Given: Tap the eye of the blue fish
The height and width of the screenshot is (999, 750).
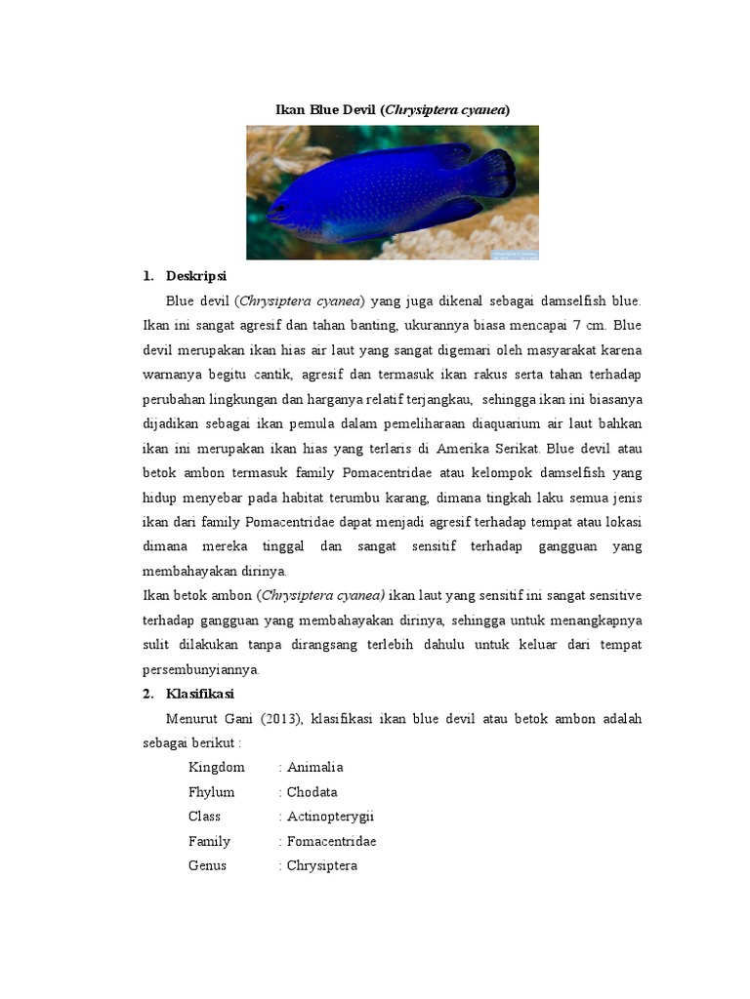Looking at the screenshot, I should click(x=281, y=208).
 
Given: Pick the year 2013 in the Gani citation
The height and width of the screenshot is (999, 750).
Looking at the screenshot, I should click(x=279, y=719).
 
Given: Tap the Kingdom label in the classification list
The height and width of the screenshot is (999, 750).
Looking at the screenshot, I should click(x=217, y=768).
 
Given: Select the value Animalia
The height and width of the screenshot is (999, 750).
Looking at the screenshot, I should click(x=314, y=768).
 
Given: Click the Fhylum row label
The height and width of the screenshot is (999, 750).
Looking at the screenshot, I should click(x=212, y=792).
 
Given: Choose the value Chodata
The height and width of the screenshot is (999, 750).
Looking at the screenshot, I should click(x=312, y=792).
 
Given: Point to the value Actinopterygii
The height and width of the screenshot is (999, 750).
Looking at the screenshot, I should click(x=330, y=817).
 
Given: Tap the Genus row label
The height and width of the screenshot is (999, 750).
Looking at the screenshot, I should click(x=207, y=865).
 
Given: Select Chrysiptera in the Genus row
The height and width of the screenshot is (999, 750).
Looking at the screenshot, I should click(x=321, y=865).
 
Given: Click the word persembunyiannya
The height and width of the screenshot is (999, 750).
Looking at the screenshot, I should click(x=213, y=669).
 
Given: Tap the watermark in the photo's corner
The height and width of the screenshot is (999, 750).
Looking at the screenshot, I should click(x=515, y=254).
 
